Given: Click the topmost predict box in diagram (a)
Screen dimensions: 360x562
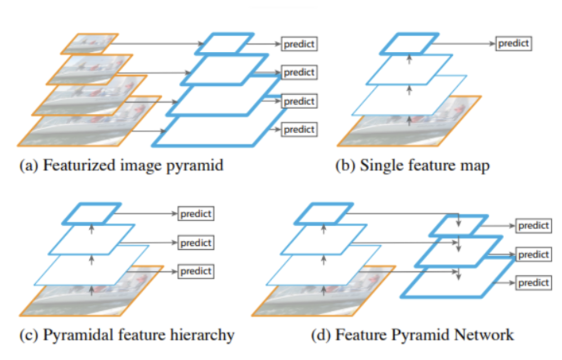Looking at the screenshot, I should pyautogui.click(x=299, y=43).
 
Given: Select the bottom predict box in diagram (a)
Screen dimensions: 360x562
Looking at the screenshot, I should pyautogui.click(x=299, y=129).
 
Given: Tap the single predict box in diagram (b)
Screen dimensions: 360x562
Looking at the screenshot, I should pyautogui.click(x=513, y=43).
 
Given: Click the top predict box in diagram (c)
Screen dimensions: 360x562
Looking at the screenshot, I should pyautogui.click(x=196, y=213).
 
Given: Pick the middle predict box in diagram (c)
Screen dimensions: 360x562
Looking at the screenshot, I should pyautogui.click(x=196, y=242).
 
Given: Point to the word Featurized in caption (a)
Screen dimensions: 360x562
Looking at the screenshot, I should pyautogui.click(x=70, y=166).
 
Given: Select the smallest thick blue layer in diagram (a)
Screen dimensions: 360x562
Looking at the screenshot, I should pyautogui.click(x=223, y=43).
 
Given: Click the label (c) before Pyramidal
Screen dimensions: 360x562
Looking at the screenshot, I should pyautogui.click(x=29, y=335).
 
